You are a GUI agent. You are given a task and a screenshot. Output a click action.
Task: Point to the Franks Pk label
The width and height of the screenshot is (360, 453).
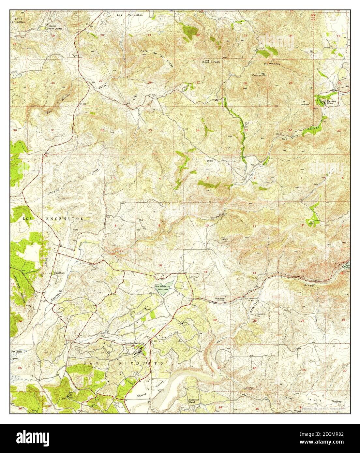[258, 75]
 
